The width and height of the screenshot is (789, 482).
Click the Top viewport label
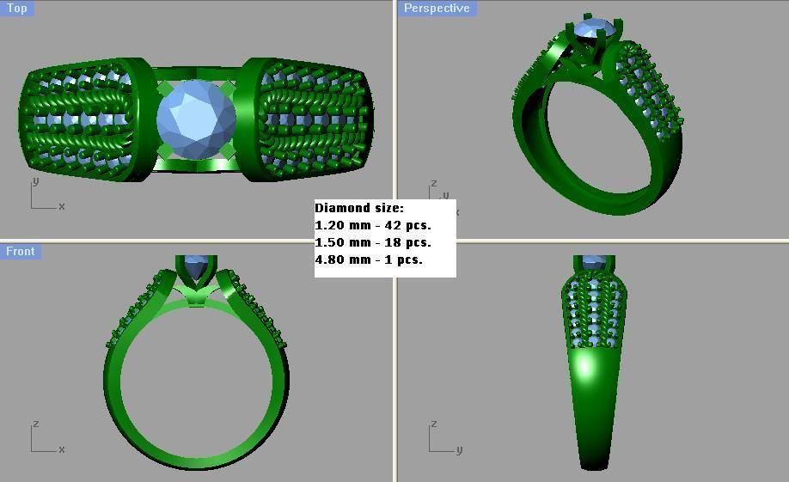(x=17, y=9)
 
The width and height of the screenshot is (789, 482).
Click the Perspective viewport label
(x=437, y=9)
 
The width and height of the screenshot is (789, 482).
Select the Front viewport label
(x=20, y=252)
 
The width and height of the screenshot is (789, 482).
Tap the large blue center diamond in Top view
(x=196, y=119)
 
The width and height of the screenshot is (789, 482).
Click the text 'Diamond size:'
(x=358, y=208)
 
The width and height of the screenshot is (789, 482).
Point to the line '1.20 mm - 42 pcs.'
(x=373, y=225)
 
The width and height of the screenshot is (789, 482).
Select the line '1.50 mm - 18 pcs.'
(x=373, y=242)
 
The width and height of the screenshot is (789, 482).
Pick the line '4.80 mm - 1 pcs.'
(x=369, y=259)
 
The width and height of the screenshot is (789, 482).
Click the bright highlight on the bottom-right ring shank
(x=586, y=368)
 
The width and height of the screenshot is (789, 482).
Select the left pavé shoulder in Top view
(x=82, y=119)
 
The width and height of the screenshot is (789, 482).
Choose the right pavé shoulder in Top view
(x=314, y=119)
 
